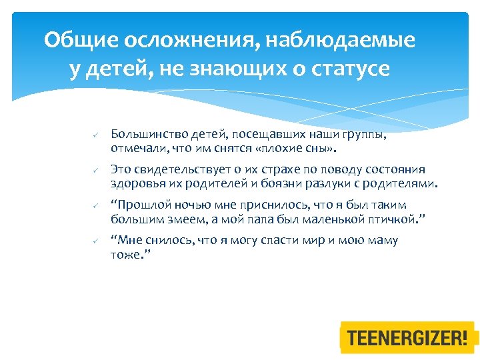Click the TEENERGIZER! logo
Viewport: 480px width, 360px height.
pyautogui.click(x=408, y=337)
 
